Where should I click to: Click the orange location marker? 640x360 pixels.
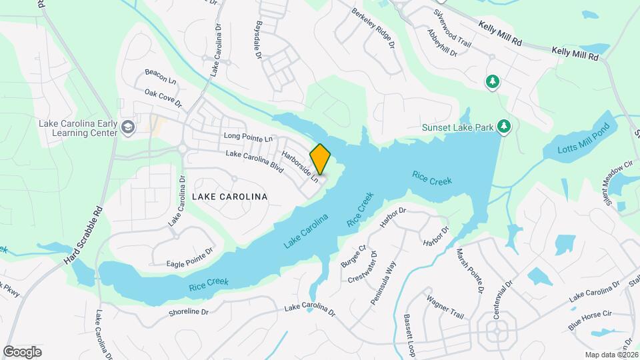(x=320, y=159)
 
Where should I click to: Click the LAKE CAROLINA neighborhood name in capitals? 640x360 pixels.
(x=229, y=197)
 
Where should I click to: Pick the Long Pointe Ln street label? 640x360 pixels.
(x=249, y=138)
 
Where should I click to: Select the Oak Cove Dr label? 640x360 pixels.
(x=163, y=99)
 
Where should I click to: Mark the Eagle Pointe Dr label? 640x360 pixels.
(x=189, y=248)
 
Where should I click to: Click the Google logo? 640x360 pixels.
(x=22, y=351)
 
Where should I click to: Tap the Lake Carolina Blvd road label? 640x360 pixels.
(x=255, y=162)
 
